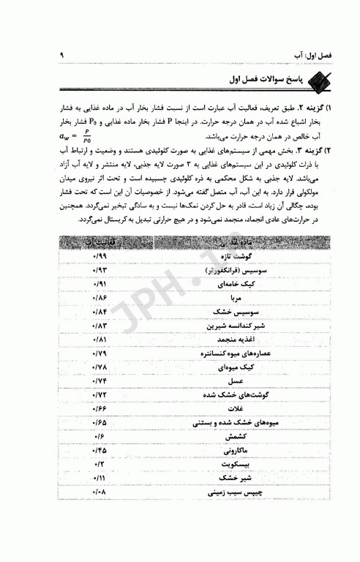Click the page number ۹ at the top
62,55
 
